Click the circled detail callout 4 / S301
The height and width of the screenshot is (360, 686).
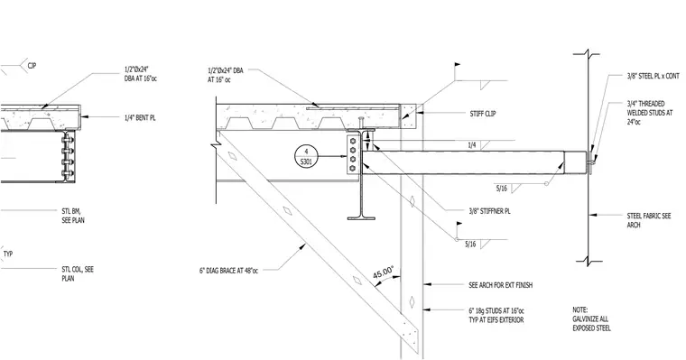306,157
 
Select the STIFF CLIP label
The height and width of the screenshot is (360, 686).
483,114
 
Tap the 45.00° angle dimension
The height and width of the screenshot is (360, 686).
384,272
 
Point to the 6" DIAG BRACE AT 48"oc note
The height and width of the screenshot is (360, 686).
228,271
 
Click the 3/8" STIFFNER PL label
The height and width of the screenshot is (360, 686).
489,211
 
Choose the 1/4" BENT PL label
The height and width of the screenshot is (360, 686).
140,117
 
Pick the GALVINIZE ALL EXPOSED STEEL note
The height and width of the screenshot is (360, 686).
591,318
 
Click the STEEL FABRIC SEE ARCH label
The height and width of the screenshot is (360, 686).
649,220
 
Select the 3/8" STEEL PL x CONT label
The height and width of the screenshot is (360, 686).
653,76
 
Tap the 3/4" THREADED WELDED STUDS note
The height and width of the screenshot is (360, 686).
649,113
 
